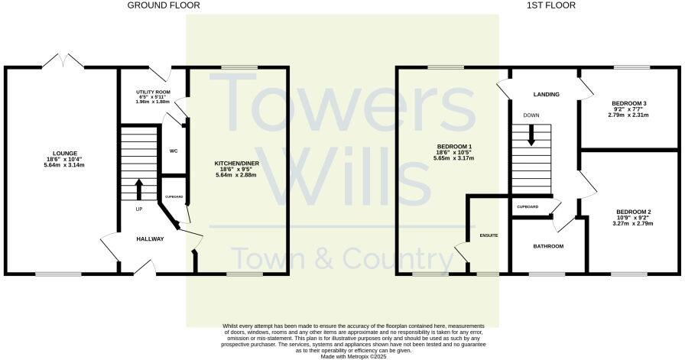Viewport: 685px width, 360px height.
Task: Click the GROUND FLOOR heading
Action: (164, 5)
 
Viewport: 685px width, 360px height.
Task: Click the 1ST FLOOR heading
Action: (547, 5)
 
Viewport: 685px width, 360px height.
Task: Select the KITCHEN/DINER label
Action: (239, 163)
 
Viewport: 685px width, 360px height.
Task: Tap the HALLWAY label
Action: (151, 239)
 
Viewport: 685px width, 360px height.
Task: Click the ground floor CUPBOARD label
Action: (174, 197)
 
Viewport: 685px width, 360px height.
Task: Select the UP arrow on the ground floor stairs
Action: (138, 189)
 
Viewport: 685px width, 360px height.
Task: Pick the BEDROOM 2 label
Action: (631, 212)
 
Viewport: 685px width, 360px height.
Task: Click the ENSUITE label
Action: (489, 235)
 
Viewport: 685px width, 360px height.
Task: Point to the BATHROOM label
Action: (548, 246)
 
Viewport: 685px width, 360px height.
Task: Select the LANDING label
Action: (547, 95)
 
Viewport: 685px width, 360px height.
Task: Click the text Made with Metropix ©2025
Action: (343, 356)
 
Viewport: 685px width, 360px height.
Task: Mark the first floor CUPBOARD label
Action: (528, 207)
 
